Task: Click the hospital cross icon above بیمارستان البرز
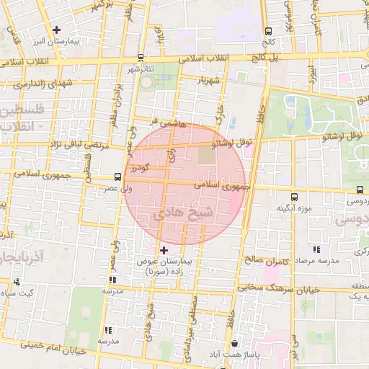tap(55, 30)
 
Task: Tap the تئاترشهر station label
tap(142, 69)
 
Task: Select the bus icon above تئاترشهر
tap(141, 58)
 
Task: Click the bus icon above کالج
tap(269, 31)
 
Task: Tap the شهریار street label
tap(215, 79)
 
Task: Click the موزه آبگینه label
tap(293, 208)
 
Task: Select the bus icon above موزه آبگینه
tap(294, 197)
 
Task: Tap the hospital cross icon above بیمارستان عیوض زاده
tap(164, 249)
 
